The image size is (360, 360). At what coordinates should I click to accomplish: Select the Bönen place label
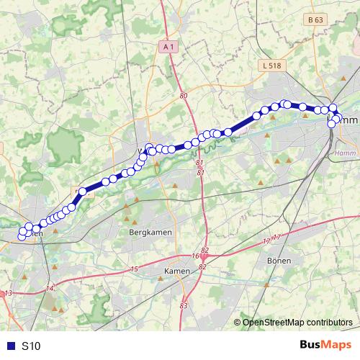pyautogui.click(x=278, y=260)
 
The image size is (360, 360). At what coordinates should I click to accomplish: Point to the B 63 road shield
pyautogui.click(x=314, y=20)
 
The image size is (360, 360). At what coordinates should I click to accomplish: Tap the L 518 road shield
pyautogui.click(x=270, y=66)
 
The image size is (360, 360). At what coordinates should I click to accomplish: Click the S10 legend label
pyautogui.click(x=31, y=346)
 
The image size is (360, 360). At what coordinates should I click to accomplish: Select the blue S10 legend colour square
pyautogui.click(x=9, y=346)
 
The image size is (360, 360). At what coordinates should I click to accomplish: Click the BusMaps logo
pyautogui.click(x=325, y=346)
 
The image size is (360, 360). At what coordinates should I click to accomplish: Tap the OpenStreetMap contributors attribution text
pyautogui.click(x=297, y=323)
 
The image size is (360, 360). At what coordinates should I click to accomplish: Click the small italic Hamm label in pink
pyautogui.click(x=346, y=153)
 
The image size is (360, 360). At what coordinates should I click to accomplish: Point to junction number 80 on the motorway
pyautogui.click(x=184, y=95)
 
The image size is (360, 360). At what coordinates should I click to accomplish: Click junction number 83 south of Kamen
pyautogui.click(x=184, y=306)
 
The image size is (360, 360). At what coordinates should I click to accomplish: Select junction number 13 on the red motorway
pyautogui.click(x=9, y=293)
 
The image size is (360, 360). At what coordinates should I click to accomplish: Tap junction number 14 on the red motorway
pyautogui.click(x=49, y=289)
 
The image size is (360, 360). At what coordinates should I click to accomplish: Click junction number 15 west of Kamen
pyautogui.click(x=134, y=269)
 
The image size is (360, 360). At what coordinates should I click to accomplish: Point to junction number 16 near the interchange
pyautogui.click(x=195, y=256)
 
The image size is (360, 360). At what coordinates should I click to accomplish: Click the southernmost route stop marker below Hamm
pyautogui.click(x=332, y=124)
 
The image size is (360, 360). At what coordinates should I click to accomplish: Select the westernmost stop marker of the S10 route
pyautogui.click(x=22, y=236)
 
